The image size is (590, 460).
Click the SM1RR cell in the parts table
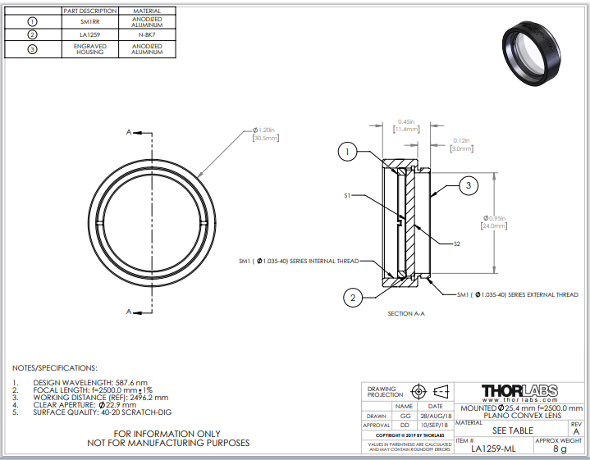click(89, 21)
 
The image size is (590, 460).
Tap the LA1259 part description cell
click(89, 34)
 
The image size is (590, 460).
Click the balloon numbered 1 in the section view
click(349, 152)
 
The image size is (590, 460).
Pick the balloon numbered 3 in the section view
click(468, 187)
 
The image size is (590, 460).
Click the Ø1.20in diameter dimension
click(265, 134)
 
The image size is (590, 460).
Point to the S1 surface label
click(348, 196)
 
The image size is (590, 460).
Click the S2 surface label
click(458, 244)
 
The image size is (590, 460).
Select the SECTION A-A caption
click(406, 313)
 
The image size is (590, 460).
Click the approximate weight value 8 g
click(560, 449)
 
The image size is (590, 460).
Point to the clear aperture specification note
click(90, 405)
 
